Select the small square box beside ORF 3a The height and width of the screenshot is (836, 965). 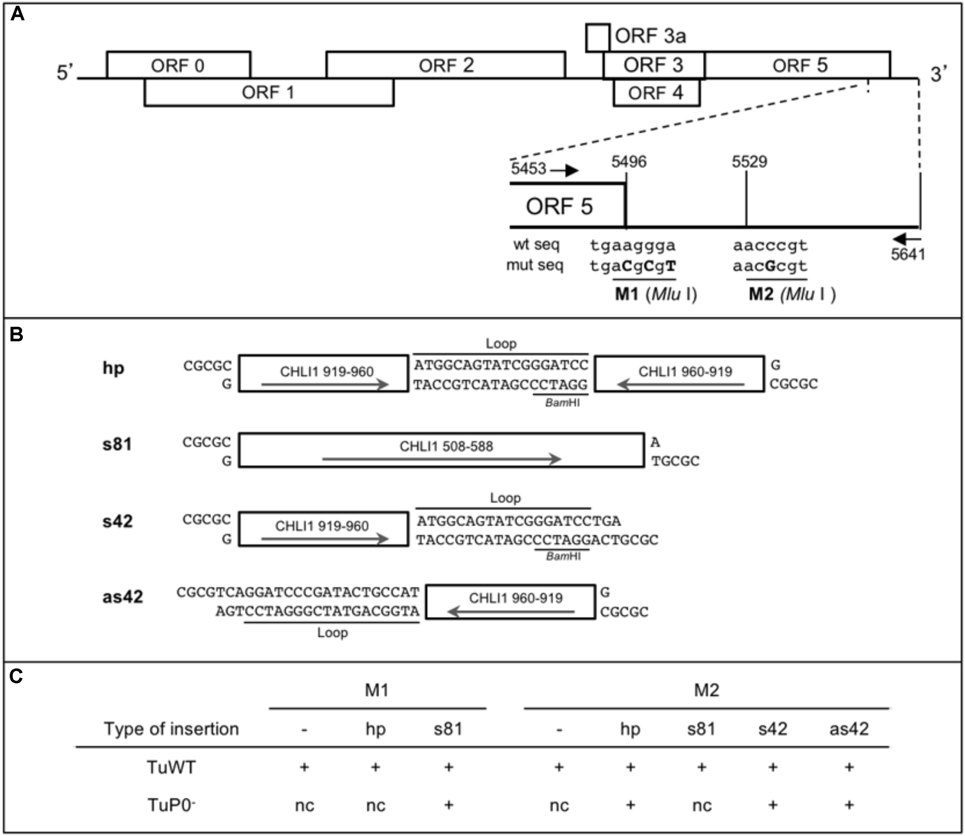point(598,37)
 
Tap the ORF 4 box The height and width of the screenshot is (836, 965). point(655,93)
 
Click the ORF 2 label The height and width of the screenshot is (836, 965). point(446,65)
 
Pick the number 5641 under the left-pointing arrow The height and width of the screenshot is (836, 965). point(907,255)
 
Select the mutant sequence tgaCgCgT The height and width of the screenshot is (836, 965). point(633,266)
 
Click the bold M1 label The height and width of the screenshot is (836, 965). point(626,294)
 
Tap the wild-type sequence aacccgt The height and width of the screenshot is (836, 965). point(770,245)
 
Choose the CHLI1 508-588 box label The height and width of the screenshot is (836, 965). point(446,446)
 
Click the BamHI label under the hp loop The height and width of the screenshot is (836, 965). point(562,403)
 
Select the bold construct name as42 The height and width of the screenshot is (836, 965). point(122,597)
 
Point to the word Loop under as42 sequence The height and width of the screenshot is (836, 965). point(332,633)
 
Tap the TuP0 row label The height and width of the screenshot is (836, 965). point(171,805)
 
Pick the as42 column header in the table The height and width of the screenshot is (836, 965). point(849,729)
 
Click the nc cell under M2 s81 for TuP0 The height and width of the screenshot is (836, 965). point(701,806)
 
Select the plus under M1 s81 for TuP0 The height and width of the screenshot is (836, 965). point(448,805)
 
